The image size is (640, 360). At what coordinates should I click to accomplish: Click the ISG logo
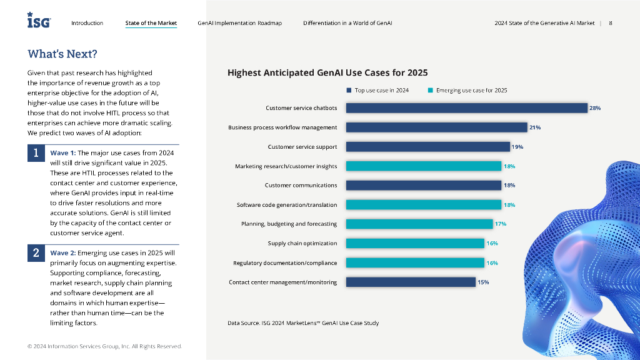pos(39,21)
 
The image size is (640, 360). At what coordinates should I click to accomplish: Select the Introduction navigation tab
pos(87,23)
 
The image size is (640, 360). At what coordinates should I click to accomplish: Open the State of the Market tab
pos(151,23)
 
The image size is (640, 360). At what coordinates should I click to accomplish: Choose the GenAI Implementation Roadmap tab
pos(239,23)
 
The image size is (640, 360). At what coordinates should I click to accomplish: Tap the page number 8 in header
pos(610,23)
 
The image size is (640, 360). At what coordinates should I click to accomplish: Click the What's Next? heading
pos(62,54)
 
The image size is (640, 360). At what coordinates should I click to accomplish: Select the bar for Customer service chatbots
pos(466,108)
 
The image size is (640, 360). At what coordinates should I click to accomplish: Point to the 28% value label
pos(594,108)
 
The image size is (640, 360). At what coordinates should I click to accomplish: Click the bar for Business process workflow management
pos(436,127)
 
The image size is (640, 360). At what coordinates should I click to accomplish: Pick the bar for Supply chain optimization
pos(415,243)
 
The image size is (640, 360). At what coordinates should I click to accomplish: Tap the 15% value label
pos(483,282)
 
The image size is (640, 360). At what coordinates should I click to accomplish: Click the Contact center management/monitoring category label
pos(282,282)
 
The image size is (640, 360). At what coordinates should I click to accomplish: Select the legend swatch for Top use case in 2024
pos(349,90)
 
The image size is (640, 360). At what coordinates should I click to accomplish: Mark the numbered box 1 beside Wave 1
pos(36,153)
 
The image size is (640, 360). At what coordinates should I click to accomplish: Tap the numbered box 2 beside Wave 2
pos(36,253)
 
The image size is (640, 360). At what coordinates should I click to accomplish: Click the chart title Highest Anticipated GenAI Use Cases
pos(327,72)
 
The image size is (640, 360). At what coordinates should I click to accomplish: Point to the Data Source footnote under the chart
pos(303,323)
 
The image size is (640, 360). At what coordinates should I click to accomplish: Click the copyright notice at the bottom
pos(105,346)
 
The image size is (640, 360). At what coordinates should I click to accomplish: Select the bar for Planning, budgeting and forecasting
pos(419,224)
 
